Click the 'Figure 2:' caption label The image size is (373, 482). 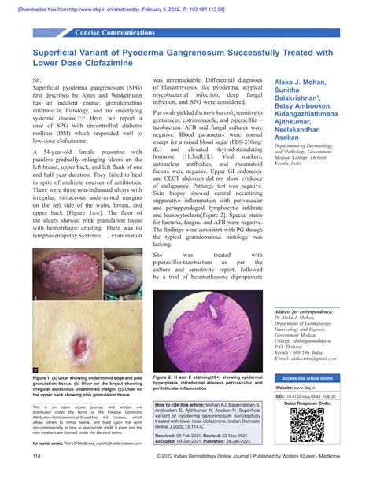pyautogui.click(x=168, y=378)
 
